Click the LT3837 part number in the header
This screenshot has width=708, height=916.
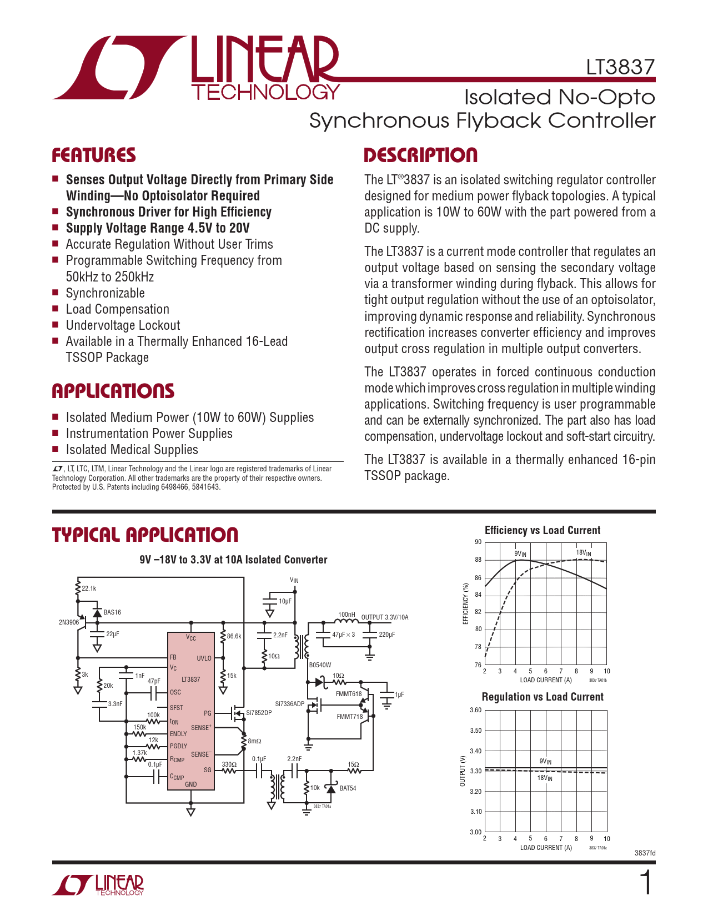tap(620, 67)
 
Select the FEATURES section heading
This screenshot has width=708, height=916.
tap(94, 155)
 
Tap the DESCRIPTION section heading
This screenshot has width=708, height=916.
tap(420, 155)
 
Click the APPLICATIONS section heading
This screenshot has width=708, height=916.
tap(113, 391)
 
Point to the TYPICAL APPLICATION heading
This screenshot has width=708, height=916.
tap(145, 535)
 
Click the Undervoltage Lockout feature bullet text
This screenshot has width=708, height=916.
tap(123, 325)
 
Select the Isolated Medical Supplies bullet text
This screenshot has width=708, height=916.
tap(132, 450)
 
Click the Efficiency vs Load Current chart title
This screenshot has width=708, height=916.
tap(542, 530)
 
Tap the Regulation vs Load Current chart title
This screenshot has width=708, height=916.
tap(542, 697)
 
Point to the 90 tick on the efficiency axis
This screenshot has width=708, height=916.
tap(478, 542)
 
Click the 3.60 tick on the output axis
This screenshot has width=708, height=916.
tap(475, 710)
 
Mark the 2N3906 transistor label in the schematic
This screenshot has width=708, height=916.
tap(69, 622)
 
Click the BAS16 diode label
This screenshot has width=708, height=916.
tap(112, 612)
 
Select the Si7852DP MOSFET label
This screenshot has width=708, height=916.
tap(259, 713)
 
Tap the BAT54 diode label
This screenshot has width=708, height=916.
tap(348, 788)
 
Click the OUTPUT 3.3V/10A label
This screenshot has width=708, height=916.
tap(384, 617)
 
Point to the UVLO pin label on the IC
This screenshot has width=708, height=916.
tap(204, 658)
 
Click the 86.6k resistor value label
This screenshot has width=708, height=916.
tap(234, 636)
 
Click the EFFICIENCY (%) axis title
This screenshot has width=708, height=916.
tap(466, 603)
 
